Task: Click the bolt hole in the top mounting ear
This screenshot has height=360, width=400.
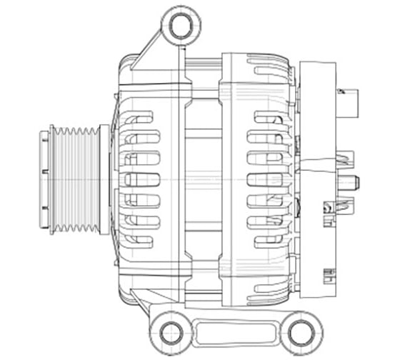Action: [176, 26]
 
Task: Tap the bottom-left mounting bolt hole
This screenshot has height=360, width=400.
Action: [171, 332]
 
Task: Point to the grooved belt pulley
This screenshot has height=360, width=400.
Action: [77, 179]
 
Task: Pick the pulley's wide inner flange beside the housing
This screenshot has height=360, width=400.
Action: [104, 179]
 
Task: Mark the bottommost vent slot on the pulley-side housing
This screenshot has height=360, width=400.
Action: [139, 241]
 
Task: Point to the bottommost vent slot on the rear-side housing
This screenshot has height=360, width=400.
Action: [269, 241]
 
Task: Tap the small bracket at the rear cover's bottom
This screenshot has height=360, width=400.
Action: [329, 274]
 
